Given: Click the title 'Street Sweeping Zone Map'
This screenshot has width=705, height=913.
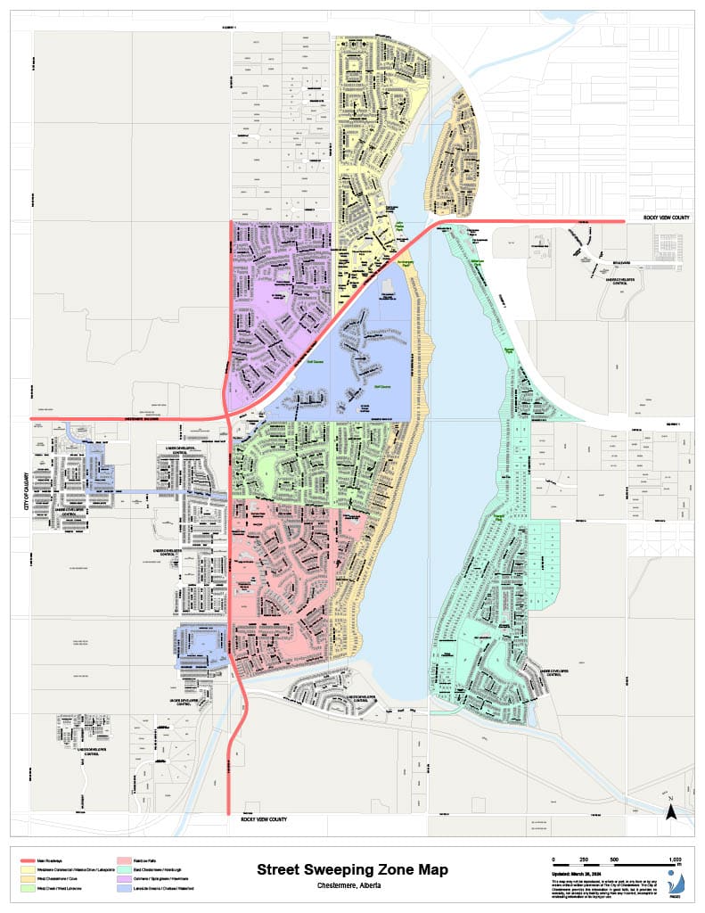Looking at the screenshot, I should [352, 869].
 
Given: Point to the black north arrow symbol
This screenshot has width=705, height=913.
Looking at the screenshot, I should [674, 810].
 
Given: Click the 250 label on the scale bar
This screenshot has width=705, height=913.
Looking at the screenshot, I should [584, 858].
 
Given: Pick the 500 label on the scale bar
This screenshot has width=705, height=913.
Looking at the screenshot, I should [614, 858].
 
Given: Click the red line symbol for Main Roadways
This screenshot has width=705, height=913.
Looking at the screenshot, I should [29, 860].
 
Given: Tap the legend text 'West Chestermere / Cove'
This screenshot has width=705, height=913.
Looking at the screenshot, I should [64, 878].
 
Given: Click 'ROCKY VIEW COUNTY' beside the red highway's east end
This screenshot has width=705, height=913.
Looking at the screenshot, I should [666, 218].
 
